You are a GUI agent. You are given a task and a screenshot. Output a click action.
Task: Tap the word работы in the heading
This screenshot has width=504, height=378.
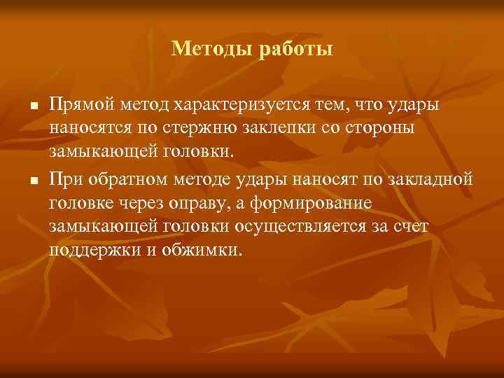pos(294,48)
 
